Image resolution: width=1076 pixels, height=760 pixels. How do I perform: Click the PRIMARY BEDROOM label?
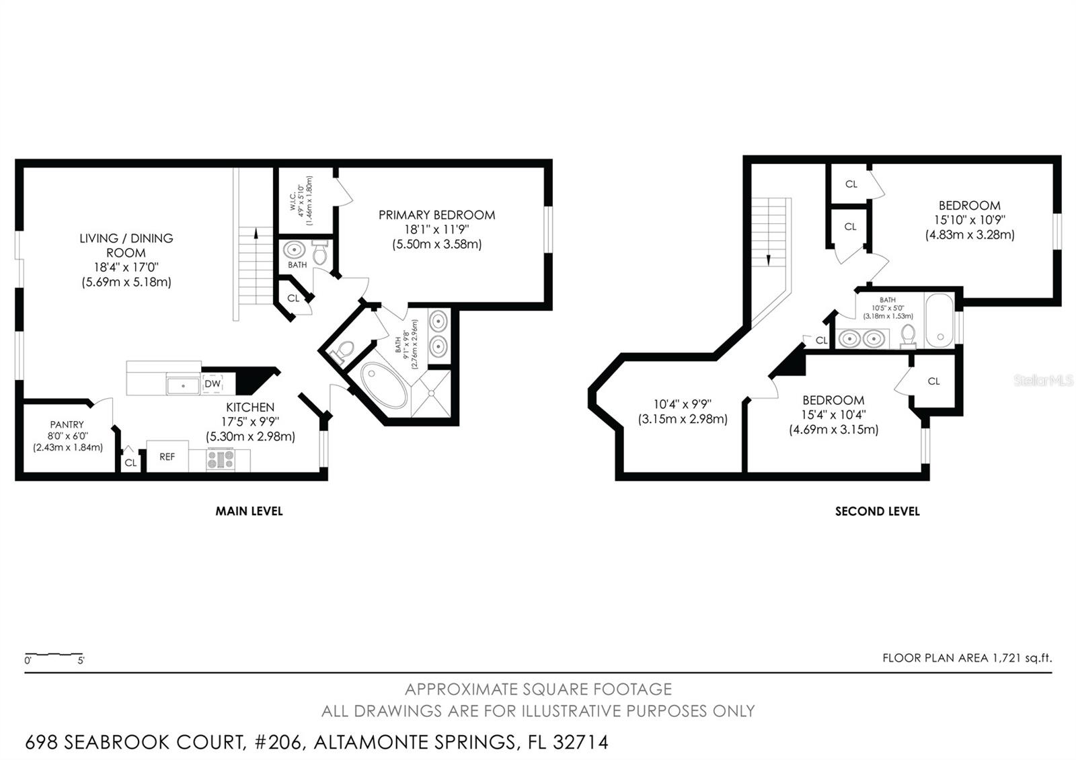tap(436, 215)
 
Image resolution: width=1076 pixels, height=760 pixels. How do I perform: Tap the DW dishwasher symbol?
tap(213, 384)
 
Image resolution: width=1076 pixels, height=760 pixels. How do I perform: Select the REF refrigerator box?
tap(167, 457)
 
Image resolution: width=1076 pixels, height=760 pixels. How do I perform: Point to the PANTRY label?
tap(67, 424)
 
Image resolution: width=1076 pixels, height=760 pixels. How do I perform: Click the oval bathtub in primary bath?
tap(383, 385)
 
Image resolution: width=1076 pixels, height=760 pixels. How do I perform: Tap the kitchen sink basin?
tap(183, 386)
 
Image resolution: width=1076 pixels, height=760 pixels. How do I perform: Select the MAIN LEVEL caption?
tap(249, 511)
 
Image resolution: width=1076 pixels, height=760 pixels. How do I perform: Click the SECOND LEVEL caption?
tap(877, 511)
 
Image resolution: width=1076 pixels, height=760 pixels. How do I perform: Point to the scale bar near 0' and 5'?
tap(54, 654)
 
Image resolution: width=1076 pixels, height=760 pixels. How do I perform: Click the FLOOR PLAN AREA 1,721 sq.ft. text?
tap(967, 658)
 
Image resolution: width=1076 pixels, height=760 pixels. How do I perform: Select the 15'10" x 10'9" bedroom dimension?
tap(969, 220)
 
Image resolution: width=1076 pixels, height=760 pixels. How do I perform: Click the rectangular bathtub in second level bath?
tap(939, 320)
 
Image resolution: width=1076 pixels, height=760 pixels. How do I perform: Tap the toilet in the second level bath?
tap(908, 336)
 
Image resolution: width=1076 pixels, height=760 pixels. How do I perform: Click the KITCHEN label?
tap(250, 408)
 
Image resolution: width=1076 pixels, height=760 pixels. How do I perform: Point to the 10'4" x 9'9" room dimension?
tap(683, 404)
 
